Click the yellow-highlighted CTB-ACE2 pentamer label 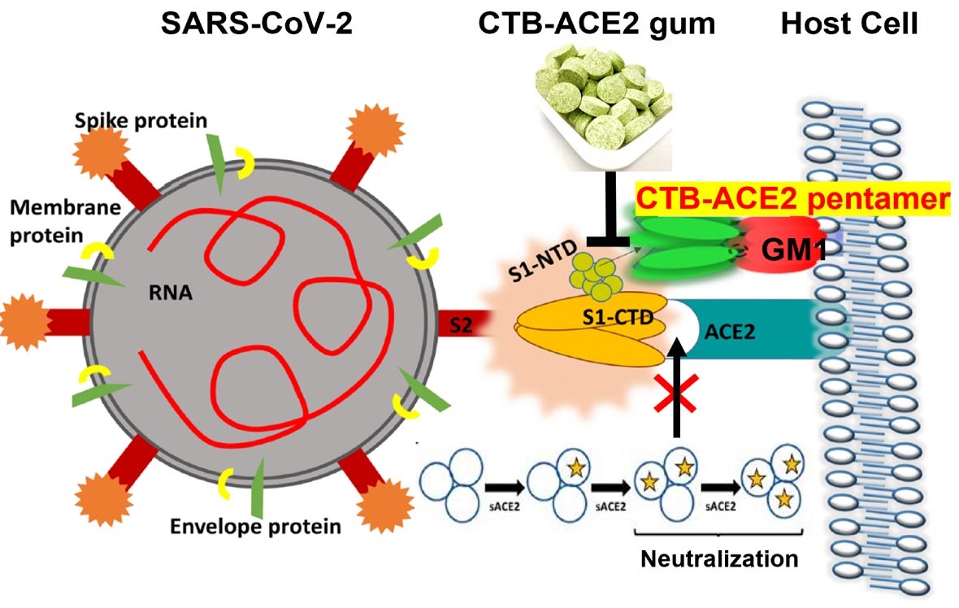click(792, 198)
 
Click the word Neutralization click(719, 559)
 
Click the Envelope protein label click(255, 526)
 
